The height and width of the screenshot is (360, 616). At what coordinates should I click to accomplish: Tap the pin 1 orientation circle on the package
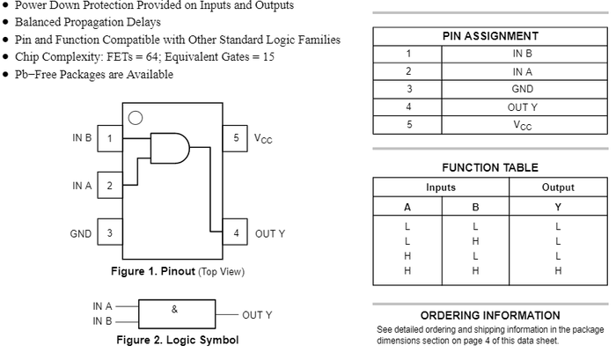[x=135, y=118]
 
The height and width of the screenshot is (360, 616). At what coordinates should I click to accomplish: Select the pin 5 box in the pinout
[x=235, y=138]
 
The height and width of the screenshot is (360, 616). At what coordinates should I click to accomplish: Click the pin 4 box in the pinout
[x=235, y=234]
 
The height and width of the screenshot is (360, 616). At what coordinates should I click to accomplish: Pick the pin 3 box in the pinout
[x=110, y=234]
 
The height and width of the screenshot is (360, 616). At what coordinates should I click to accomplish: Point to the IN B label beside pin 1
[x=82, y=138]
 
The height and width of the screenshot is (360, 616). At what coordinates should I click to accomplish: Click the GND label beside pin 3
[x=80, y=234]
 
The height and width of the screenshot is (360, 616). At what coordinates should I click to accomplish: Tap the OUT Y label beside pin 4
[x=270, y=234]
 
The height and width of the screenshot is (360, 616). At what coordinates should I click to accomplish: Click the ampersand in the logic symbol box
[x=174, y=310]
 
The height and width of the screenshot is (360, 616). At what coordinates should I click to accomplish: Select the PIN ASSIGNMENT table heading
[x=490, y=36]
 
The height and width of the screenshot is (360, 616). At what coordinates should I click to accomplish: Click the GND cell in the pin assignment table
[x=523, y=89]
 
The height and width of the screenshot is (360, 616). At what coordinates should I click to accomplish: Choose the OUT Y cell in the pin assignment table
[x=523, y=107]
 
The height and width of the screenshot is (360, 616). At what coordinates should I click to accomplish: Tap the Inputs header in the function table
[x=441, y=187]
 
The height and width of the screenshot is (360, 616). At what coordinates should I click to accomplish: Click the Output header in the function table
[x=558, y=187]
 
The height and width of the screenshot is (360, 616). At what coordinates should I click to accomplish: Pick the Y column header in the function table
[x=558, y=208]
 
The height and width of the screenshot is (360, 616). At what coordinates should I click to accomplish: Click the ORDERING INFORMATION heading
[x=490, y=315]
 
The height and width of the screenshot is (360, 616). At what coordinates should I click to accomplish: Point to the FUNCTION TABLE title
[x=490, y=167]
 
